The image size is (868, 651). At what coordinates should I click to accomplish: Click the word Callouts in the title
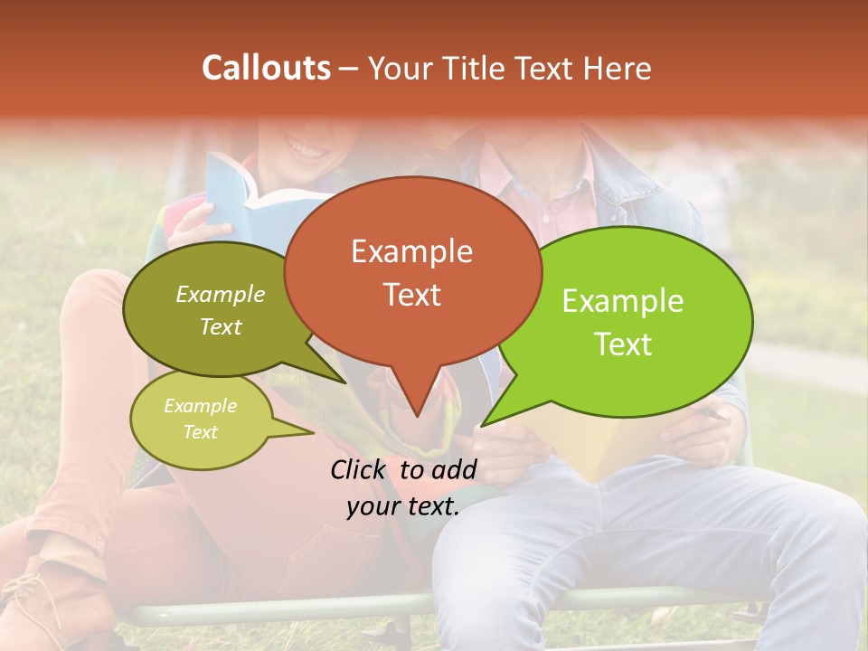(x=266, y=68)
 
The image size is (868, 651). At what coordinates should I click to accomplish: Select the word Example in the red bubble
(x=411, y=251)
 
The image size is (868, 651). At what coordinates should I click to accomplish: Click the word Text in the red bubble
(x=411, y=294)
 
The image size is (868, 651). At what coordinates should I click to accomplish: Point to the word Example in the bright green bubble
(x=623, y=301)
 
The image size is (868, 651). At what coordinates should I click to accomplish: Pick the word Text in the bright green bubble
(x=623, y=344)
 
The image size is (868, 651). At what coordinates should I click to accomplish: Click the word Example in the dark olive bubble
(x=221, y=294)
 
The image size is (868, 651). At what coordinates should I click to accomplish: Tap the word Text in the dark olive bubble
(x=221, y=326)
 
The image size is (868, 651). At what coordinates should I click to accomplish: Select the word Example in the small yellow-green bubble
(x=200, y=406)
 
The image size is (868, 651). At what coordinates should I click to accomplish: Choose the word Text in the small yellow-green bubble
(x=200, y=432)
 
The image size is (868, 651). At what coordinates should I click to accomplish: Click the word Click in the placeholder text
(x=360, y=469)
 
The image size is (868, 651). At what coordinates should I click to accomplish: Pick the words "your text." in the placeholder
(x=402, y=506)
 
